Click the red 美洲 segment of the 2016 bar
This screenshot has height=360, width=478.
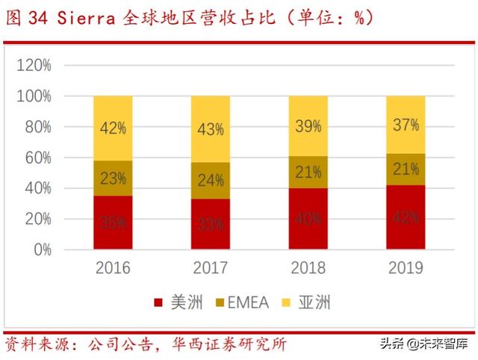(113, 223)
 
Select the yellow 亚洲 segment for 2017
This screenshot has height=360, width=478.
(210, 128)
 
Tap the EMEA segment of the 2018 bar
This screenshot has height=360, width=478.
(308, 172)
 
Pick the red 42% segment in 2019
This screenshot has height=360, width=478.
(406, 217)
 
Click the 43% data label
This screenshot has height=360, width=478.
(210, 129)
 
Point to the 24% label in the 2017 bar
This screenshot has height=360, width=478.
(210, 180)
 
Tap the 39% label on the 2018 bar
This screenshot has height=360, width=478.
(308, 126)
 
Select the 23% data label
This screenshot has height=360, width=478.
(113, 179)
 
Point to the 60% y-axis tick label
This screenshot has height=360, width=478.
(37, 158)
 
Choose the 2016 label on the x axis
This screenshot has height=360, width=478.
(113, 267)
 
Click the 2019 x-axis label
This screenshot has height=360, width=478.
(406, 267)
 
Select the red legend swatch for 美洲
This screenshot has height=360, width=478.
(158, 302)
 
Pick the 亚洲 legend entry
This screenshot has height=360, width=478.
(312, 302)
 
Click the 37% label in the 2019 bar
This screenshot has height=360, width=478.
(406, 125)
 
